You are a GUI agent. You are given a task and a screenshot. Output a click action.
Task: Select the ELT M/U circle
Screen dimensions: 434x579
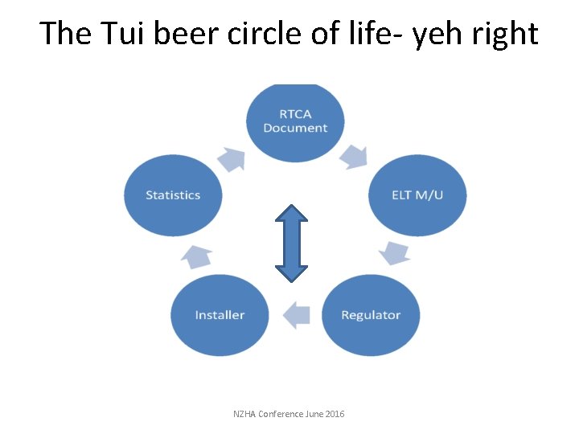417,195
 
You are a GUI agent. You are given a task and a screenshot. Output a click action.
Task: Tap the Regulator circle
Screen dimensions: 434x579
371,315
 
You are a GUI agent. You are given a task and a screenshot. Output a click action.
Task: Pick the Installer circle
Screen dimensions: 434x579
220,315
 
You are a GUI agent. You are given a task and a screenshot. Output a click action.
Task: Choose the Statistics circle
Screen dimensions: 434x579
173,195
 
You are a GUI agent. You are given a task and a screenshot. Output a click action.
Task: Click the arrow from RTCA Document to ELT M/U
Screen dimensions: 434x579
353,155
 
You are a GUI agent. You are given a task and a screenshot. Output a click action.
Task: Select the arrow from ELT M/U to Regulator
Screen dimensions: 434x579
395,252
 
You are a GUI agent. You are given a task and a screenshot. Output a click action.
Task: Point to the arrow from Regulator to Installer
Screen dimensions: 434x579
296,314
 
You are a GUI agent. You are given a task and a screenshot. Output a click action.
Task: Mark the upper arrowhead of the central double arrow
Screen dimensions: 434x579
292,215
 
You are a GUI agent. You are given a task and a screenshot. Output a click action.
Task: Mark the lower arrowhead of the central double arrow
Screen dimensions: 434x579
292,271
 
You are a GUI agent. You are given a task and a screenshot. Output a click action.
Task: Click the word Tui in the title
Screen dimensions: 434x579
121,34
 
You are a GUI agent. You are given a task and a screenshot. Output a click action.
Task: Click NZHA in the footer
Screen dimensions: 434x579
244,414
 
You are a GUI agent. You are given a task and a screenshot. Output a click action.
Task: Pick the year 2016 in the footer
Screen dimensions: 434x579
335,414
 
